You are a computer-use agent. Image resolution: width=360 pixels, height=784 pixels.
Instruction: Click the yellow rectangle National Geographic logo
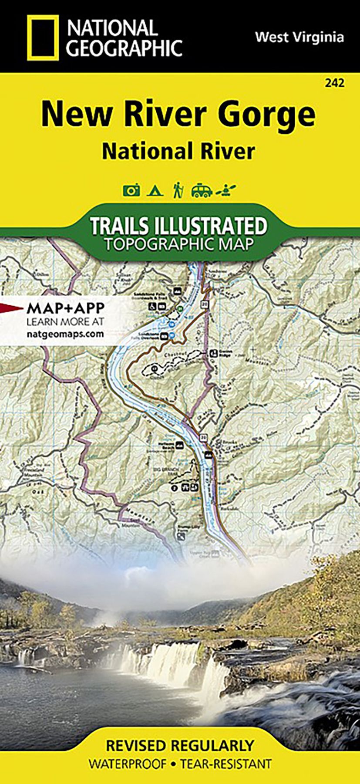click(x=43, y=38)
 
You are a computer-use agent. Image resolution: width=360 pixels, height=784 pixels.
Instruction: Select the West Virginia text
click(x=299, y=37)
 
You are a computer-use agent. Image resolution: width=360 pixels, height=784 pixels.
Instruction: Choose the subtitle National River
click(x=178, y=152)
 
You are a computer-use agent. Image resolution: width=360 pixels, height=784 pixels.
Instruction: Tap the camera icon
click(x=131, y=190)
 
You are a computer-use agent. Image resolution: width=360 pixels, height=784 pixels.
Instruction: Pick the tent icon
click(x=155, y=190)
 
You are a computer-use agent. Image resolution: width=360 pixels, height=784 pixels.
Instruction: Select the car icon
click(x=202, y=190)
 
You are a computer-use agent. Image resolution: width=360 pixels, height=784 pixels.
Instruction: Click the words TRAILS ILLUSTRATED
click(x=179, y=226)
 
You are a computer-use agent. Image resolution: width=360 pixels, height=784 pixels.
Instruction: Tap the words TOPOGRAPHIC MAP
click(x=179, y=244)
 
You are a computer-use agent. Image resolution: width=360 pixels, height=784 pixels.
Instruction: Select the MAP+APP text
click(x=66, y=308)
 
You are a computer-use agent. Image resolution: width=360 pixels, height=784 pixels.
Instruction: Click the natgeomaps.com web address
click(x=65, y=334)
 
